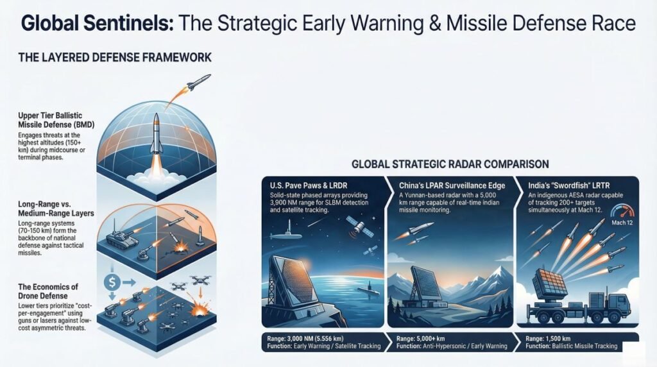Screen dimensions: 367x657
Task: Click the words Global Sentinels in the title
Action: point(96,24)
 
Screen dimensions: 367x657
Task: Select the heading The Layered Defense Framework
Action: point(116,58)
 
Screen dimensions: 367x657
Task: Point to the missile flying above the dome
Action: point(200,82)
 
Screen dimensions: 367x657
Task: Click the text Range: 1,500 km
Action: point(552,337)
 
